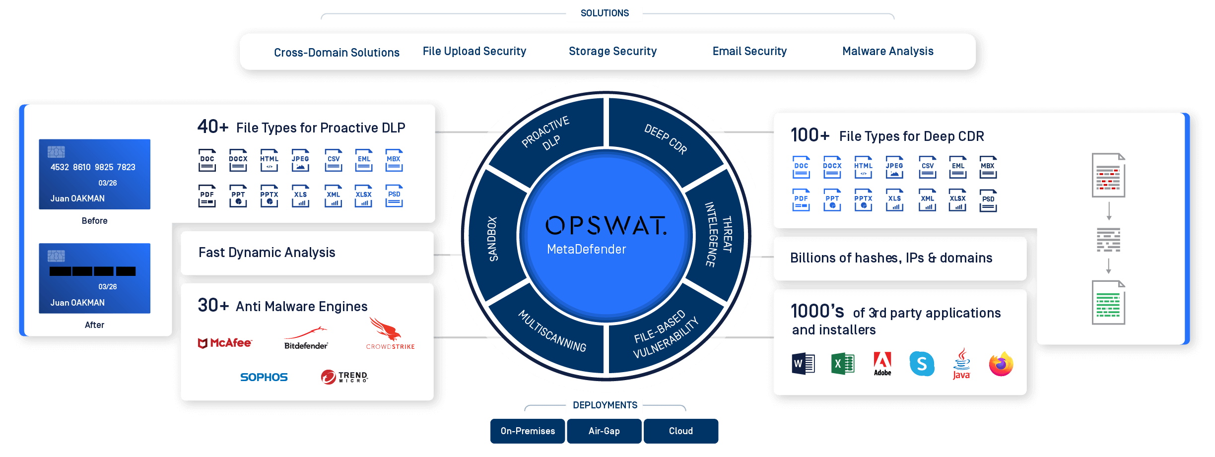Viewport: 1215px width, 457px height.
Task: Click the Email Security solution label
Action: click(x=749, y=51)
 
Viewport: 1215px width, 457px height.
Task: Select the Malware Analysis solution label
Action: click(x=887, y=51)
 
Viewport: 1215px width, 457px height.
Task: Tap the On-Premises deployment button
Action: click(x=528, y=431)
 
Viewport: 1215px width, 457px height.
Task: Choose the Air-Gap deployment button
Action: click(x=604, y=431)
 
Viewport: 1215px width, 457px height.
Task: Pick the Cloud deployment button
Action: click(x=680, y=431)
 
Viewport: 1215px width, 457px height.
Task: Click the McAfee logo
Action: click(x=225, y=343)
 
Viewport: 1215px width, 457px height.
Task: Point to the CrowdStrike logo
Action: click(x=389, y=334)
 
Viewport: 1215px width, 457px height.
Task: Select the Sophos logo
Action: click(x=264, y=378)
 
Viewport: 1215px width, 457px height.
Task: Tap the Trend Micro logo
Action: click(x=344, y=377)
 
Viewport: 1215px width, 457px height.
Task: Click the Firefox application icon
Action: click(x=1001, y=364)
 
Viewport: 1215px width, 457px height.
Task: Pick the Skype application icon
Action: click(x=922, y=364)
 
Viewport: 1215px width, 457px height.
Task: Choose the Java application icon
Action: click(x=961, y=364)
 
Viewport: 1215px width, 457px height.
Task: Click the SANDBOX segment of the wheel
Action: click(x=492, y=238)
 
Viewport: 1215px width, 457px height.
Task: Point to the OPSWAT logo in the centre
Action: click(x=606, y=226)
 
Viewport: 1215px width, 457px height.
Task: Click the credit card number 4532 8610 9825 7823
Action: click(x=93, y=167)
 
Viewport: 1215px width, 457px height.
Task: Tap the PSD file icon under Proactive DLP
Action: click(x=394, y=196)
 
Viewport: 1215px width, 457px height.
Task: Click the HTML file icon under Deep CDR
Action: click(x=863, y=168)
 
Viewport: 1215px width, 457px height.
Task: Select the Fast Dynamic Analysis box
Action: click(x=307, y=253)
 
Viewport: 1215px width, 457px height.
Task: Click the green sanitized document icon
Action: click(x=1108, y=303)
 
